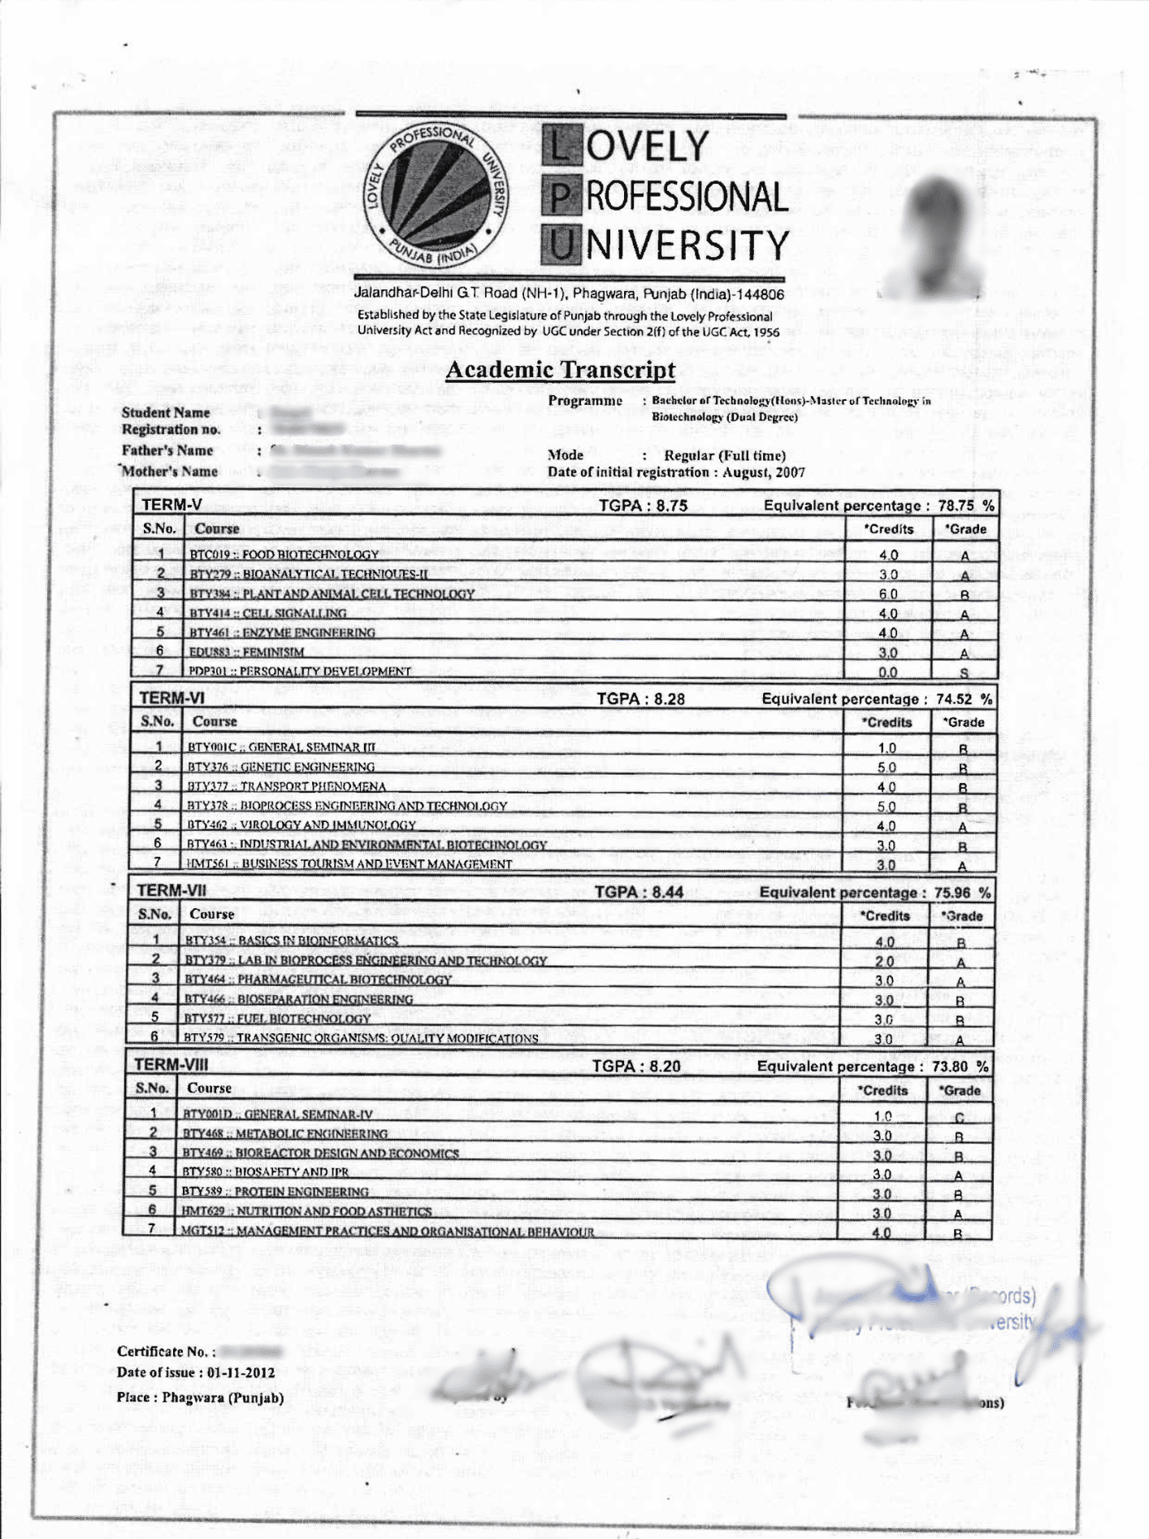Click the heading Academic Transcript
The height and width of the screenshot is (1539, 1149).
tap(561, 370)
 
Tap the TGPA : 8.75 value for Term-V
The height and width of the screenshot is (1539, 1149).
tap(643, 506)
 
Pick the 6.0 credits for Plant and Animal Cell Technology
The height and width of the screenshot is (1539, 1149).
tap(888, 594)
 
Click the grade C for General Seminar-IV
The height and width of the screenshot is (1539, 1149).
tap(959, 1117)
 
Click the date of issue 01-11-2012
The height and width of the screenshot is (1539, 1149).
tap(241, 1373)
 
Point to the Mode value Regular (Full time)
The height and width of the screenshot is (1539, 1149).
tap(724, 455)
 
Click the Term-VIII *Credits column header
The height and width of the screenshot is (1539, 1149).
tap(882, 1090)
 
